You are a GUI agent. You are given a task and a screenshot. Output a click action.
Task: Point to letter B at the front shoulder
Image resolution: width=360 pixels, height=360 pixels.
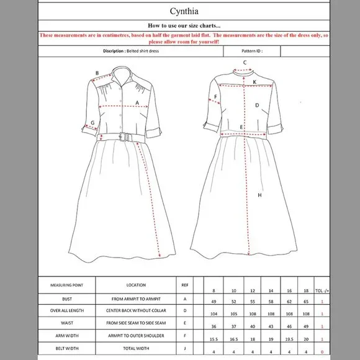tap(97, 73)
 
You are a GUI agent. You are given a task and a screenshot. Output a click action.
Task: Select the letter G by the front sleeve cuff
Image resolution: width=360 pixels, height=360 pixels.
tap(92, 123)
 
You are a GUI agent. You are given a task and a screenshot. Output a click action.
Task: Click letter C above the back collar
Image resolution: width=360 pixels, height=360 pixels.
tap(245, 62)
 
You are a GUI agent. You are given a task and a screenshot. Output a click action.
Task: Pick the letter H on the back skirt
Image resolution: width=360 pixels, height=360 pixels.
tap(259, 196)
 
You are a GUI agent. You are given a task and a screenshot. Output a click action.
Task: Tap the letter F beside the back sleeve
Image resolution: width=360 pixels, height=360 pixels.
tap(216, 96)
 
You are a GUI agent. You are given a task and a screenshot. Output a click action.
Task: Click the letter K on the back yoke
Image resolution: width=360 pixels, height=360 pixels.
tap(254, 81)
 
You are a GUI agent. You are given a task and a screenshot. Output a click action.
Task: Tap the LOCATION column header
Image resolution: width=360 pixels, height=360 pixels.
tap(136, 285)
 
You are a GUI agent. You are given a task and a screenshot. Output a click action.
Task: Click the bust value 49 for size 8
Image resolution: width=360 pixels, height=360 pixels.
tap(214, 302)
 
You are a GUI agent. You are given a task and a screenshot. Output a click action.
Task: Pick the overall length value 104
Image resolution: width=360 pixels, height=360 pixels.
tap(214, 314)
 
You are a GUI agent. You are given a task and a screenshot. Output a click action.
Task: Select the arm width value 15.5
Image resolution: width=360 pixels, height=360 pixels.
tap(214, 339)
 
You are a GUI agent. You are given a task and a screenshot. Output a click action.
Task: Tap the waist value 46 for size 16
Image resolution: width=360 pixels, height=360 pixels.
tap(289, 326)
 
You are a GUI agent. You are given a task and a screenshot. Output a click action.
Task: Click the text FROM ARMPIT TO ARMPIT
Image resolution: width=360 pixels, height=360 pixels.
tap(136, 299)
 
